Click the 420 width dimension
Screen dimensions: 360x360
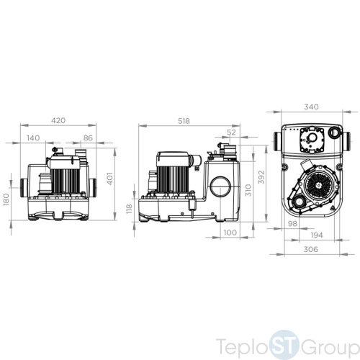click(58, 120)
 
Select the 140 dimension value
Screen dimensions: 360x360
click(33, 138)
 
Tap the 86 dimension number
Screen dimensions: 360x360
click(88, 138)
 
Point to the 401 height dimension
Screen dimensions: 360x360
click(109, 179)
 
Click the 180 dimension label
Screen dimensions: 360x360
click(6, 199)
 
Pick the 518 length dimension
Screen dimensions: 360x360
click(184, 121)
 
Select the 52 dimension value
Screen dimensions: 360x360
click(231, 132)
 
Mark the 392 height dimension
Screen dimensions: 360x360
click(261, 177)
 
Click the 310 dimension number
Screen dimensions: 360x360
click(248, 190)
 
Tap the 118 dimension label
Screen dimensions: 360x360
click(129, 209)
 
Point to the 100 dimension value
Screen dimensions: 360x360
click(230, 233)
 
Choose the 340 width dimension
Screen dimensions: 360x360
click(311, 107)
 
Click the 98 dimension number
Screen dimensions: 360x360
click(292, 224)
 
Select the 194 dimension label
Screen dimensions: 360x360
click(317, 235)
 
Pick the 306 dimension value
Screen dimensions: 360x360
click(311, 249)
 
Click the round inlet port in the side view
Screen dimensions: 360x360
click(220, 186)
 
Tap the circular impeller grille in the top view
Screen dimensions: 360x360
click(319, 185)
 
